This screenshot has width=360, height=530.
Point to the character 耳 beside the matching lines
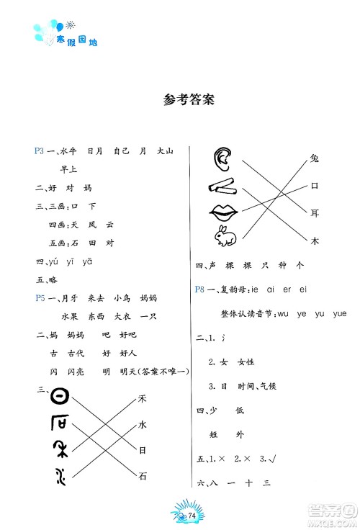[314, 213]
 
